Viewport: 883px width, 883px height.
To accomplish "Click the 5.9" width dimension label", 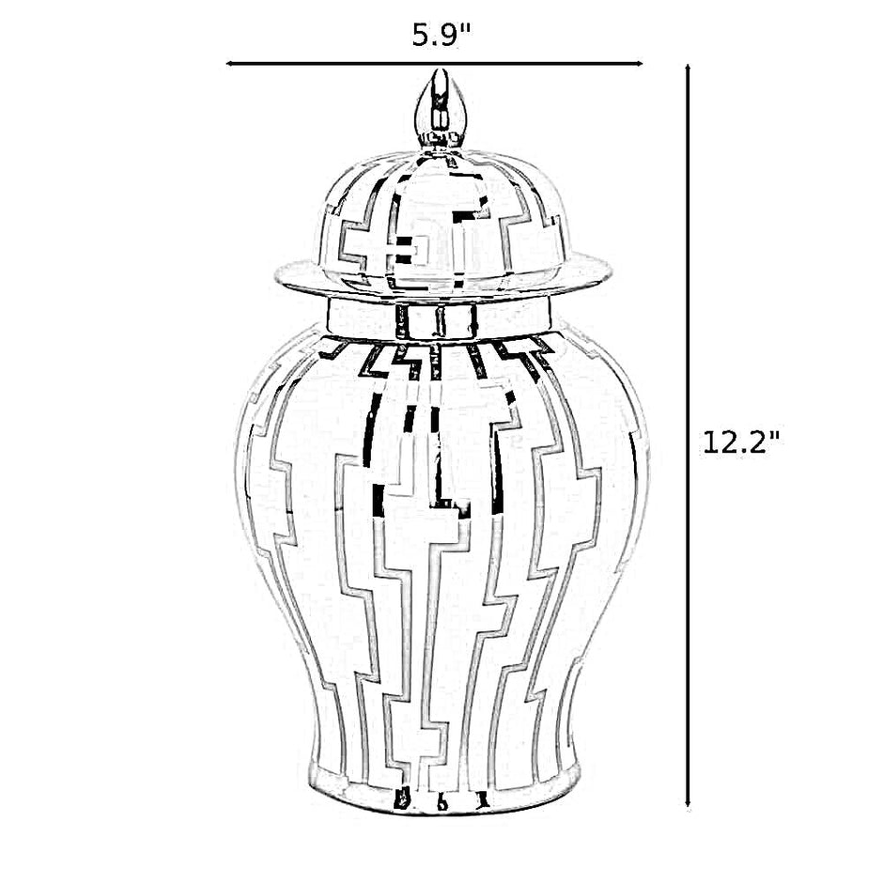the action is tap(441, 36).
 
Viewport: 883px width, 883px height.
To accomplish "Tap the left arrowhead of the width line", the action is tap(229, 64).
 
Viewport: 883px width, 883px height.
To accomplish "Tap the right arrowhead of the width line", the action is tap(639, 64).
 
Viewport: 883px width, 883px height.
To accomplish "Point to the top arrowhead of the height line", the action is tap(688, 69).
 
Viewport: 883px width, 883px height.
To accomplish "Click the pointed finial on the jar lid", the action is tap(435, 110).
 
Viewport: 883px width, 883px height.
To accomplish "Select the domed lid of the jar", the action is tap(443, 223).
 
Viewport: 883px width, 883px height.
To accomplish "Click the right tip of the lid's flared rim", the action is tap(612, 272).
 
